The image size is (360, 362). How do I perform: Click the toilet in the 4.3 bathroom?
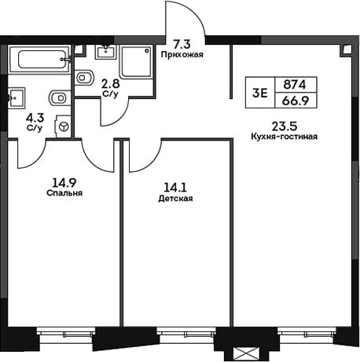[x=57, y=97]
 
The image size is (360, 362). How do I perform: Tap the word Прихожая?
[x=181, y=54]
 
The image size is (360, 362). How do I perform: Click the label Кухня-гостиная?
[x=283, y=136]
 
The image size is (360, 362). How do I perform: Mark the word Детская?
[x=174, y=199]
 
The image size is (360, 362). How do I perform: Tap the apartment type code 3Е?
[x=259, y=91]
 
